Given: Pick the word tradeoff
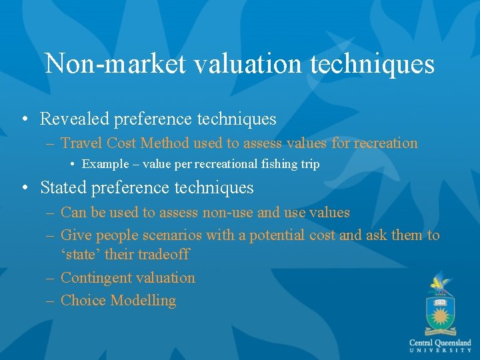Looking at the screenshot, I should tap(163, 255).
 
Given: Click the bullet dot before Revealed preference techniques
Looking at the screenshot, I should tap(24, 120).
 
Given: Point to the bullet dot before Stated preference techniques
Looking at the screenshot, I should tap(24, 189).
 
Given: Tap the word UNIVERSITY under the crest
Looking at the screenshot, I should tap(440, 350).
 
